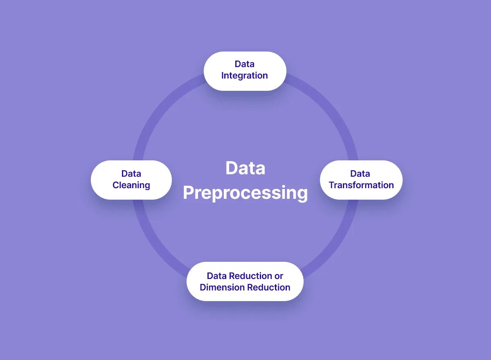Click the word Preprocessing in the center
click(245, 193)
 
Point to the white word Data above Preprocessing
click(245, 168)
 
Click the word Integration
click(244, 76)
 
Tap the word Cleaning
click(131, 185)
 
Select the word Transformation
click(361, 185)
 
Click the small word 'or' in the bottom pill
click(279, 276)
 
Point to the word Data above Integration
click(244, 64)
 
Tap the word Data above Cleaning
click(131, 174)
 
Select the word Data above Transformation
click(360, 174)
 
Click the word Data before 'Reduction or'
click(216, 276)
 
